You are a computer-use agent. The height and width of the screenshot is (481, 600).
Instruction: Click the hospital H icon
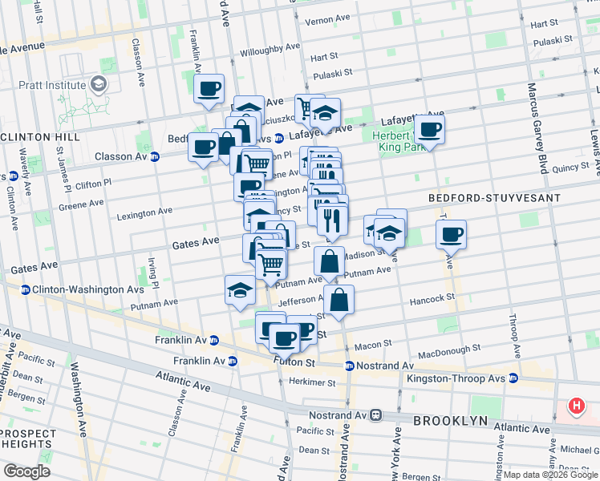(576, 406)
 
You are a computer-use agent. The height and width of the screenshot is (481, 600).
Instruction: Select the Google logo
(26, 471)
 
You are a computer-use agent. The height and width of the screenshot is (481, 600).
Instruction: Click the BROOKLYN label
(451, 421)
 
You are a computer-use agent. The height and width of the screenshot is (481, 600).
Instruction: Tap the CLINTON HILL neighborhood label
(41, 137)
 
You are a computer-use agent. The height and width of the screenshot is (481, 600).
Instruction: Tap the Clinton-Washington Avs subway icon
(25, 289)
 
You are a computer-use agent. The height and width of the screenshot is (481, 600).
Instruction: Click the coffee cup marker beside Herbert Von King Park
(429, 130)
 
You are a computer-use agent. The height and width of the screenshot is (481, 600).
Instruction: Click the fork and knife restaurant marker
(332, 218)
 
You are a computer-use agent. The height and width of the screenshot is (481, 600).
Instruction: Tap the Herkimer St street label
(313, 382)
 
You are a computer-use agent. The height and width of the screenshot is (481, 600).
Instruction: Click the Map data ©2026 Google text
(551, 475)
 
